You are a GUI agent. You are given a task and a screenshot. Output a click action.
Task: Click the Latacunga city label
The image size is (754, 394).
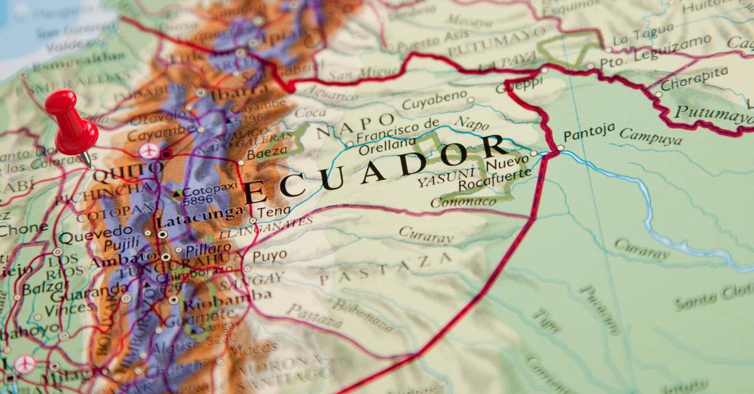pos(191,221)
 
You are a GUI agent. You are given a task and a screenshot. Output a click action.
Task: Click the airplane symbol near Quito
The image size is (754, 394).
pos(149,151)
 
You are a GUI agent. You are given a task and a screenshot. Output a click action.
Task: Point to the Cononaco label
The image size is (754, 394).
pos(464,200)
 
